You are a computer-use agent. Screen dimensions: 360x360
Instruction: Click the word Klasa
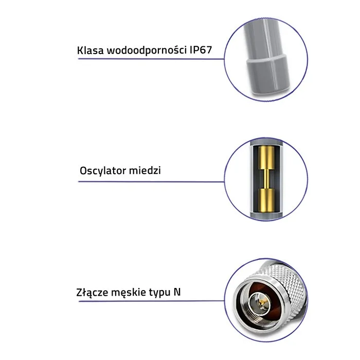(x=88, y=50)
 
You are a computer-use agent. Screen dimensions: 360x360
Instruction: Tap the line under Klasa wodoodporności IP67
(x=149, y=59)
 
